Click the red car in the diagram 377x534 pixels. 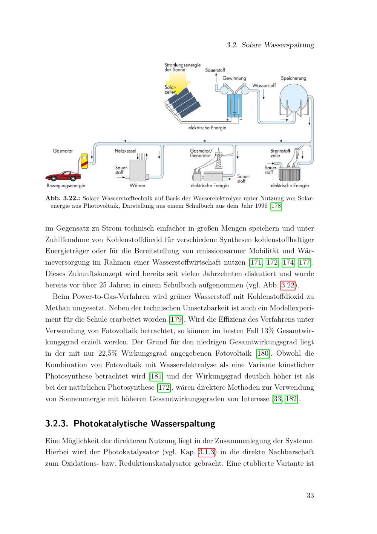[x=63, y=176]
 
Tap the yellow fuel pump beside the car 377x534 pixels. [x=84, y=161]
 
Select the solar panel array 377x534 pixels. [x=183, y=103]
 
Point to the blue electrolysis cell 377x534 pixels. [x=234, y=105]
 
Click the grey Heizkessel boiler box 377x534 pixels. [x=138, y=171]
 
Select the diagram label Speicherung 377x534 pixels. [x=293, y=78]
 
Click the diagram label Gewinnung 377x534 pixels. [x=234, y=78]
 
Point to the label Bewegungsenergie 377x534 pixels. [x=66, y=186]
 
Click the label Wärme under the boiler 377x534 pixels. [x=137, y=185]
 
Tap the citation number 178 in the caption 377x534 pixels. [x=276, y=206]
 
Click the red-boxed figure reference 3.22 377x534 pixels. [x=288, y=285]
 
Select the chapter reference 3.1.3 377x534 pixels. [x=207, y=452]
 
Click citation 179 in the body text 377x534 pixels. [x=176, y=319]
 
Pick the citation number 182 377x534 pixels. [x=291, y=398]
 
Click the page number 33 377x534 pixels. [x=310, y=495]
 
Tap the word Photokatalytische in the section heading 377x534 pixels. [x=111, y=424]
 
